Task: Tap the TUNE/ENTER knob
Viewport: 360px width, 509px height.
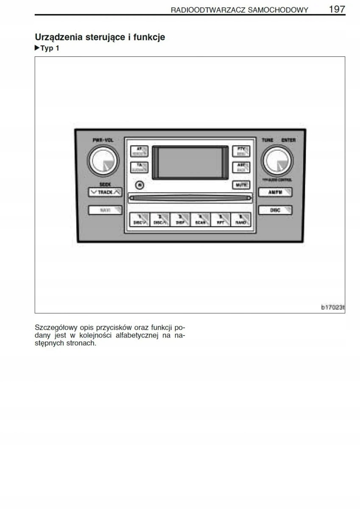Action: pos(277,160)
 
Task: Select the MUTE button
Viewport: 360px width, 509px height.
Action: pos(241,185)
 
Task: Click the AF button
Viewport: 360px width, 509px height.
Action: pos(139,151)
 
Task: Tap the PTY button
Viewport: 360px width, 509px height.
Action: pos(241,151)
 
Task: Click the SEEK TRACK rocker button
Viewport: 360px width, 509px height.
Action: pos(105,192)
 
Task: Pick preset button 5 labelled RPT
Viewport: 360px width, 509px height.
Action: pos(220,219)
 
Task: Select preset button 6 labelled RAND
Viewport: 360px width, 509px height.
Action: pos(241,219)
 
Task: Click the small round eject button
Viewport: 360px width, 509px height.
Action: pos(140,185)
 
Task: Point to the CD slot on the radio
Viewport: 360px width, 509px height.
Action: pos(190,197)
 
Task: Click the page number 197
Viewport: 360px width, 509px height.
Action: pos(337,9)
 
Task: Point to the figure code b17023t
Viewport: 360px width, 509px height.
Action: pos(332,308)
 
